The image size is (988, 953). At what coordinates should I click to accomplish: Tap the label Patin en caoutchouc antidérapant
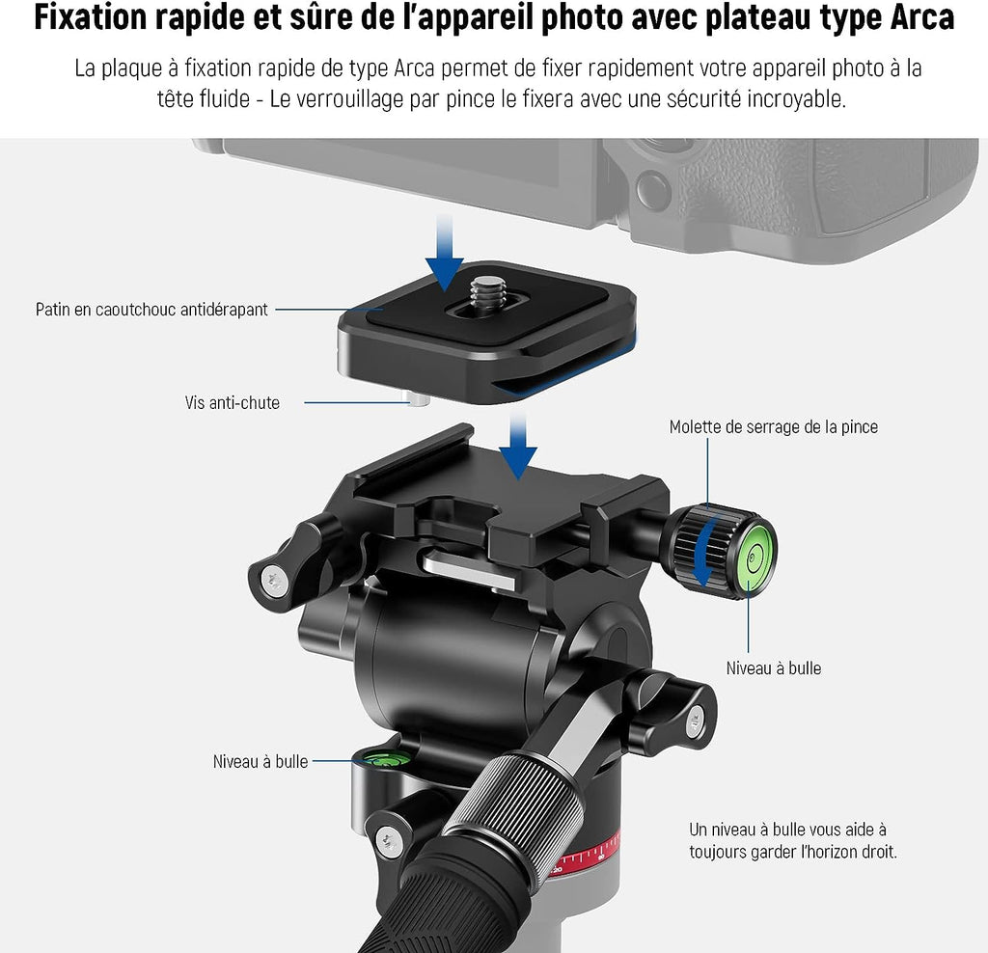point(151,310)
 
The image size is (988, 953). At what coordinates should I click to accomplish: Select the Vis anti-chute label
point(233,402)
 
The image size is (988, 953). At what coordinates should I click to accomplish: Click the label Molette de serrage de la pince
point(773,427)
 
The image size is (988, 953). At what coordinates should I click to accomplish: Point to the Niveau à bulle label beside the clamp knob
point(774,668)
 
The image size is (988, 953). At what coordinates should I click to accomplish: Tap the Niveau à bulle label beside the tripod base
point(261,761)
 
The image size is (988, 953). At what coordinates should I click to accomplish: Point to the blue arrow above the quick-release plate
point(445,252)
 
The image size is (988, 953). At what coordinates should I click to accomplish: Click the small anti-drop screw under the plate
point(418,399)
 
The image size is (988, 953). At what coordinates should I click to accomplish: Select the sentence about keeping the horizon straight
point(793,840)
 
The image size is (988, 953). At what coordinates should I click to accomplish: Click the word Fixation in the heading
point(91,17)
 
